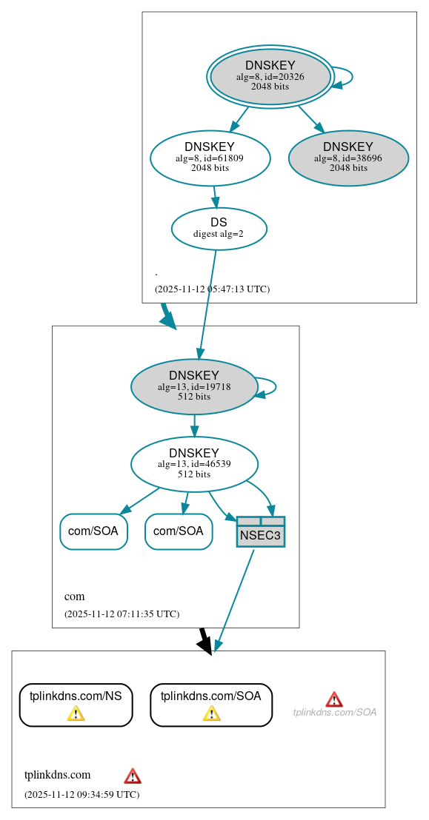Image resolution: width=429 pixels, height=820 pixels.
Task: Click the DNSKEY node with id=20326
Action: (x=270, y=76)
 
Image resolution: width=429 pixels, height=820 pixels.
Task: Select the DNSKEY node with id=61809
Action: (x=210, y=157)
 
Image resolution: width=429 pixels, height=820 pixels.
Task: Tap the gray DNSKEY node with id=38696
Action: (x=348, y=157)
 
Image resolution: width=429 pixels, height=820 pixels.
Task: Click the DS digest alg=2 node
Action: (x=219, y=229)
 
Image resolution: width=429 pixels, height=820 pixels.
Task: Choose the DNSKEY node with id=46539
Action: (x=194, y=464)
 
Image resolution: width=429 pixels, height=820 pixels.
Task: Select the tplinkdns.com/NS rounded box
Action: (x=76, y=704)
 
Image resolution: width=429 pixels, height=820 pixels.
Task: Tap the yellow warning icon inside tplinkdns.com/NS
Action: (x=76, y=713)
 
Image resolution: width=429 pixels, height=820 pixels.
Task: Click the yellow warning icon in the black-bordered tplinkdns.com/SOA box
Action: (x=211, y=713)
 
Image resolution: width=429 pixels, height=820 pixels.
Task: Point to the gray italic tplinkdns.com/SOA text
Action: (x=335, y=712)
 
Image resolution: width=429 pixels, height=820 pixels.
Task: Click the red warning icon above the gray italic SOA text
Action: (x=334, y=699)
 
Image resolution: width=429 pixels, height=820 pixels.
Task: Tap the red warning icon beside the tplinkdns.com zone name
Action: (x=133, y=776)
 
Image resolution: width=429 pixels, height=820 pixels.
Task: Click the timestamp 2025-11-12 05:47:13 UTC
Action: (x=212, y=289)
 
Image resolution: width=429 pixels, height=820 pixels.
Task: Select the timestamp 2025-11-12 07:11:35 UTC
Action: (x=122, y=614)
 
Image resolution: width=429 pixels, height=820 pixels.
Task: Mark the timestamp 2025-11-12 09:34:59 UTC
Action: (x=82, y=794)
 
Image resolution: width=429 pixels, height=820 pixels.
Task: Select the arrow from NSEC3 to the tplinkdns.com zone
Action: (x=233, y=599)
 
